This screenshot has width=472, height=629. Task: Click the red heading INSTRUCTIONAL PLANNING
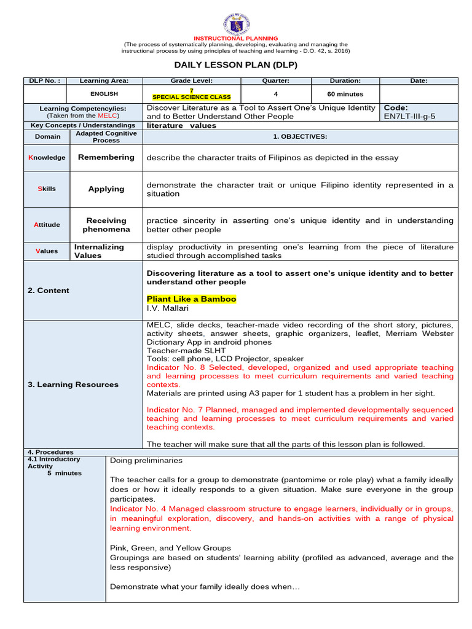(236, 38)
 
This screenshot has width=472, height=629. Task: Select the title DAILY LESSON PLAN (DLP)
(236, 65)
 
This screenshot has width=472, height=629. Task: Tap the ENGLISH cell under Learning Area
(104, 94)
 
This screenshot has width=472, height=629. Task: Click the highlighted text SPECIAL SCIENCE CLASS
(192, 97)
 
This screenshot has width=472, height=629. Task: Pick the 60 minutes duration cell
(345, 94)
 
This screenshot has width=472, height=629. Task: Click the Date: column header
(419, 80)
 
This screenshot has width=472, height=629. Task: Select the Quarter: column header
(275, 80)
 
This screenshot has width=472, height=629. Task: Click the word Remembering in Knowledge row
(106, 157)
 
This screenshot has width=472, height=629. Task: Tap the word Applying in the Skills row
(106, 189)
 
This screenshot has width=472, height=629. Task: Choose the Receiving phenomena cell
(106, 225)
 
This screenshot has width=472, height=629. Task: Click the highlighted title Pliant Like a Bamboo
(191, 299)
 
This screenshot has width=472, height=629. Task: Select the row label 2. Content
(49, 291)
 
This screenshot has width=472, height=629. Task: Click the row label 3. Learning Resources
(73, 385)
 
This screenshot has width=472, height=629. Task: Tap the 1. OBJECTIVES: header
(300, 136)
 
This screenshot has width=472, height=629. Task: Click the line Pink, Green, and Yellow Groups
(170, 548)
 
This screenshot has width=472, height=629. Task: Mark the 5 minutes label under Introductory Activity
(65, 473)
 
